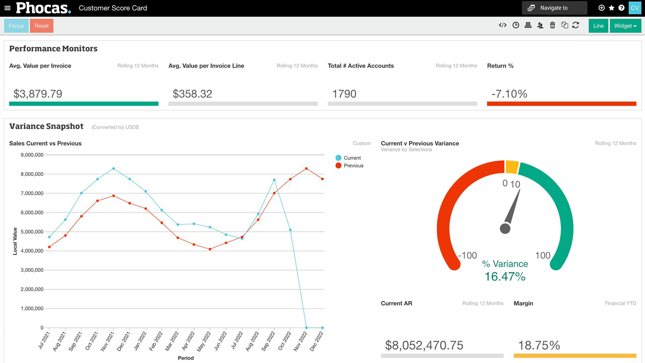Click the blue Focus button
pyautogui.click(x=16, y=26)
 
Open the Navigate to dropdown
pyautogui.click(x=554, y=8)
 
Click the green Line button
pyautogui.click(x=598, y=26)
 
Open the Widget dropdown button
pyautogui.click(x=625, y=26)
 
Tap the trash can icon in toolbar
pyautogui.click(x=553, y=25)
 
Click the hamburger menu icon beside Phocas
pyautogui.click(x=7, y=8)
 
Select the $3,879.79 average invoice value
pyautogui.click(x=38, y=94)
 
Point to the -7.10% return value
pyautogui.click(x=509, y=94)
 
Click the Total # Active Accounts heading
pyautogui.click(x=361, y=66)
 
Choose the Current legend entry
pyautogui.click(x=352, y=158)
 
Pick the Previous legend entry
pyautogui.click(x=353, y=166)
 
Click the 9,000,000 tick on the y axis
pyautogui.click(x=32, y=155)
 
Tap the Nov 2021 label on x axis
pyautogui.click(x=107, y=341)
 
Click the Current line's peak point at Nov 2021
pyautogui.click(x=114, y=169)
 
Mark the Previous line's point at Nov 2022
pyautogui.click(x=306, y=169)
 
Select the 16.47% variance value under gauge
pyautogui.click(x=505, y=277)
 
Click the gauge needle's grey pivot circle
pyautogui.click(x=505, y=228)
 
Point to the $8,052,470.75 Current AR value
pyautogui.click(x=424, y=345)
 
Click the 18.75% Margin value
pyautogui.click(x=539, y=345)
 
